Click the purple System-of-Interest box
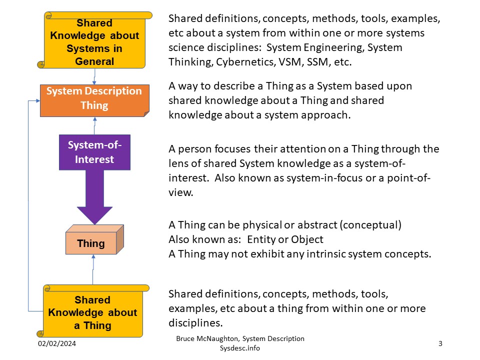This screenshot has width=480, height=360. point(94,152)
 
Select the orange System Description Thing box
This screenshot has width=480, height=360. point(94,98)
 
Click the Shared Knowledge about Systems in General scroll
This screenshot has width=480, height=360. point(94,42)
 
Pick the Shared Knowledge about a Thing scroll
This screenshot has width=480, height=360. point(92,312)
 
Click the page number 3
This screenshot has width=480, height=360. point(440,343)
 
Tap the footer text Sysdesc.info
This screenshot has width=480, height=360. point(240,348)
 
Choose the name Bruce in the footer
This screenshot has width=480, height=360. point(186,338)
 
